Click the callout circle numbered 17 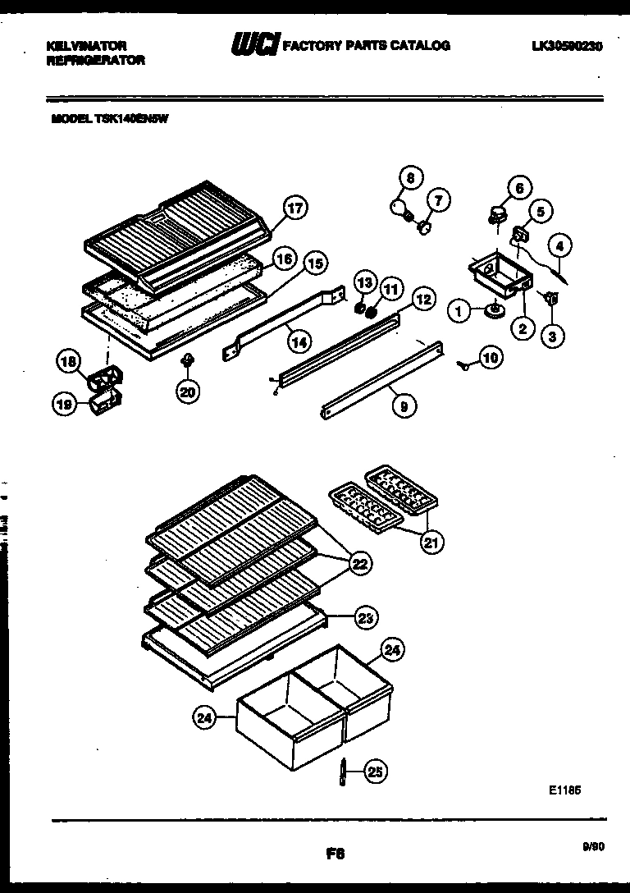294,208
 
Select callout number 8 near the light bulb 411,178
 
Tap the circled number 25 375,771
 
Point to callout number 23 365,619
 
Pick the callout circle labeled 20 188,392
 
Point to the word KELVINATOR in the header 86,46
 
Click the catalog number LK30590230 567,47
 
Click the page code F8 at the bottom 334,854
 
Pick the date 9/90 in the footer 592,847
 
